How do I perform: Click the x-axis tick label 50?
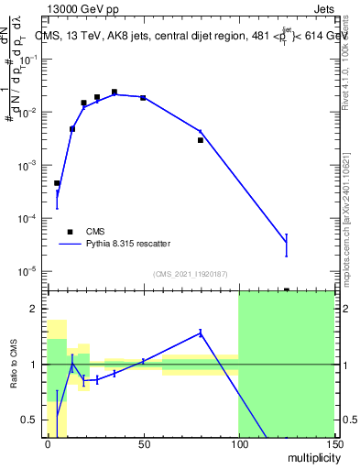coord(143,445)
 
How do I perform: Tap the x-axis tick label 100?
coord(238,445)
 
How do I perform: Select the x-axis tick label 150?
coord(333,445)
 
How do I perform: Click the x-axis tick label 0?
coord(48,445)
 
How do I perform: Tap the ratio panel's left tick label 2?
coord(36,310)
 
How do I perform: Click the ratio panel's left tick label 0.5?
coord(32,420)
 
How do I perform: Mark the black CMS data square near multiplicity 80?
coord(200,140)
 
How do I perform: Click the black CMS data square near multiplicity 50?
coord(143,97)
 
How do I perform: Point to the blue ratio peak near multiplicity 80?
coord(200,332)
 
